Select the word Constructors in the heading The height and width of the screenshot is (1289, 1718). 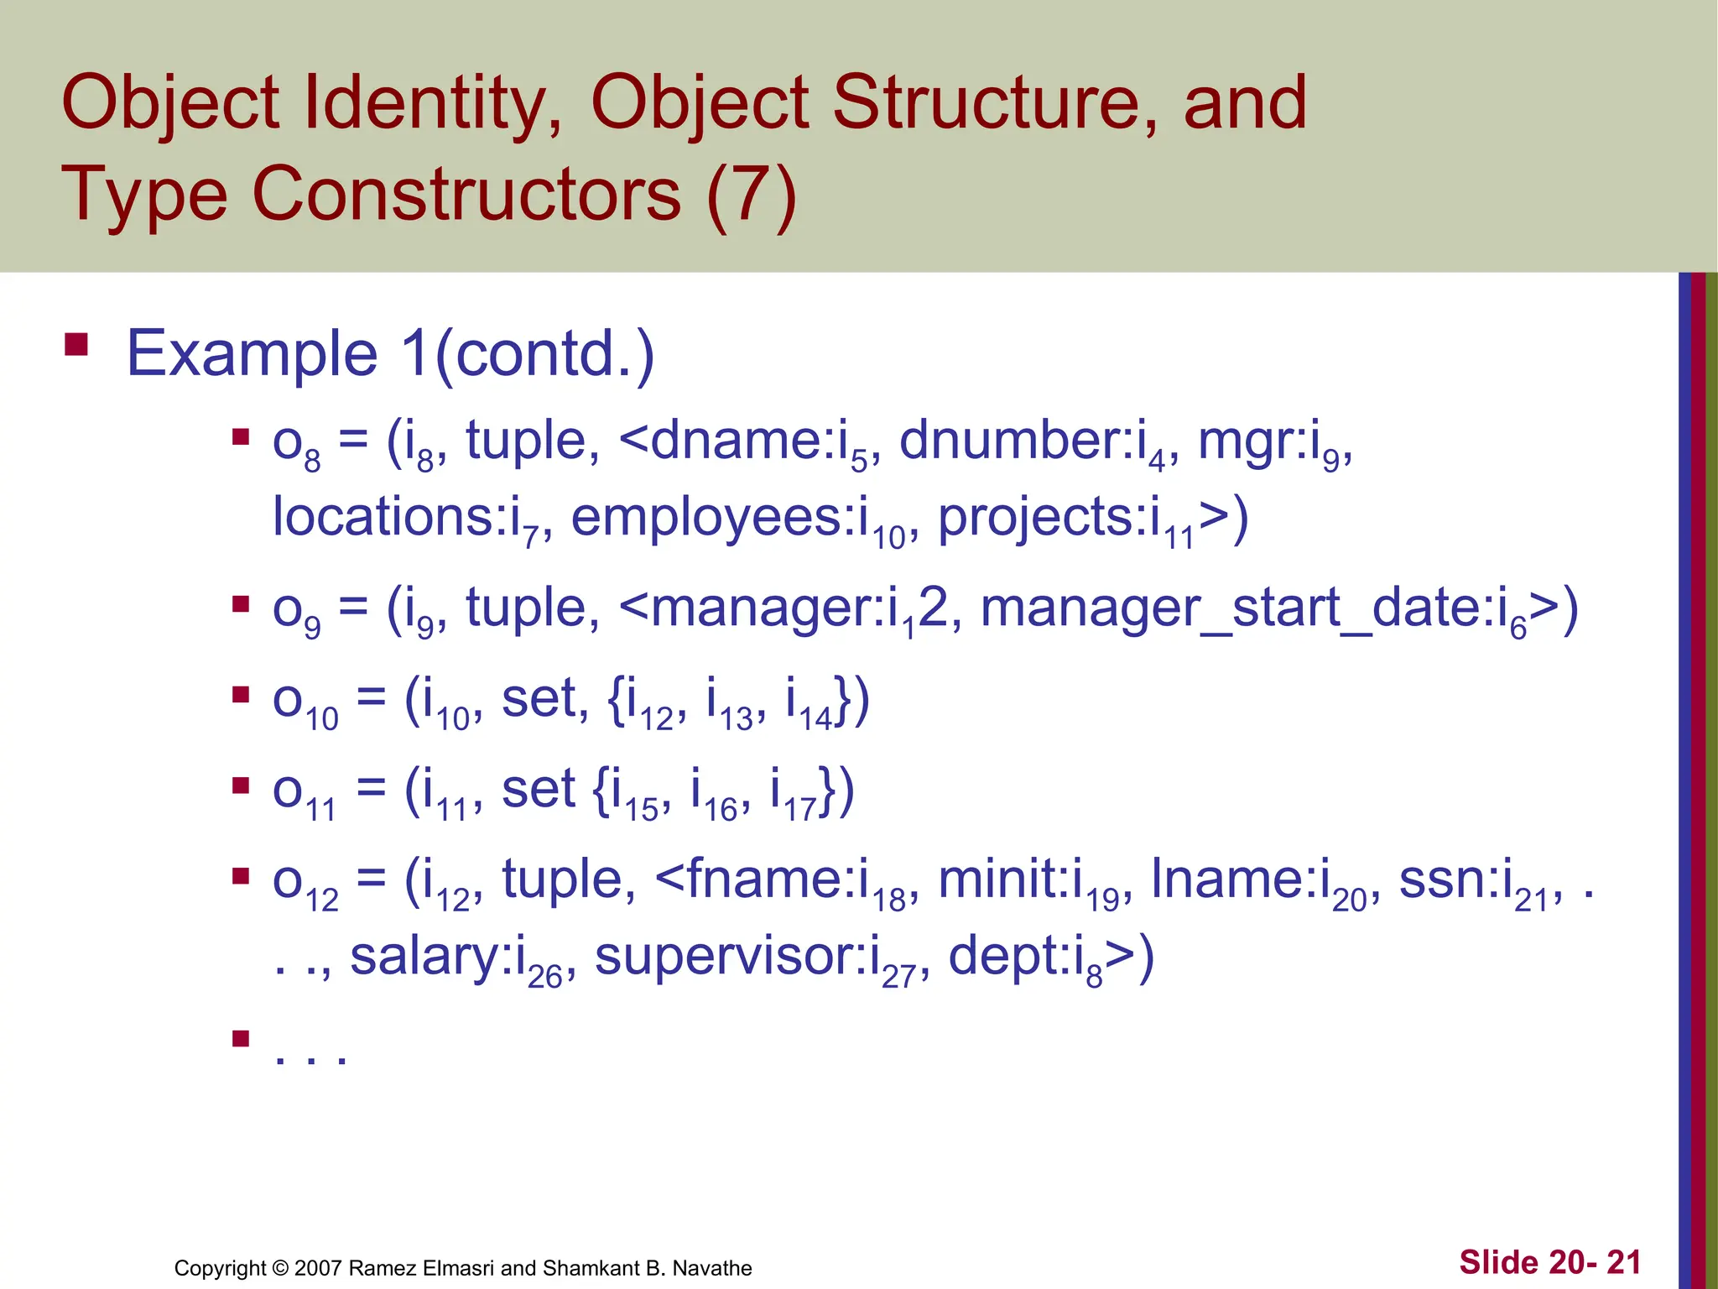pyautogui.click(x=466, y=195)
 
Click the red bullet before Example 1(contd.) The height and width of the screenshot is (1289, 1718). pyautogui.click(x=76, y=346)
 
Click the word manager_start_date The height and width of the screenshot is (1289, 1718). pyautogui.click(x=1237, y=608)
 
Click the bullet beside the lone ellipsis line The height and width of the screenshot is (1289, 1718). pyautogui.click(x=242, y=1039)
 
